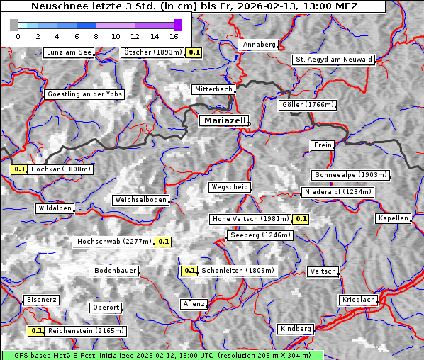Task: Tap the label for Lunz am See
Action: click(x=69, y=52)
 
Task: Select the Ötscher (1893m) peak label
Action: click(x=152, y=52)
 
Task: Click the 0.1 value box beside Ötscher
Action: click(x=194, y=52)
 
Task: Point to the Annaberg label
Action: click(x=259, y=45)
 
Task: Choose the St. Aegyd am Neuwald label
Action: click(x=333, y=60)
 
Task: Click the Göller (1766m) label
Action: click(x=308, y=105)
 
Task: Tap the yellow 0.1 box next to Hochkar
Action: click(x=20, y=169)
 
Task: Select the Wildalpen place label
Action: click(x=55, y=208)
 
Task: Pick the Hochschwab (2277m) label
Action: click(x=114, y=242)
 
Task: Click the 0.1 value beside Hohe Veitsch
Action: click(x=301, y=219)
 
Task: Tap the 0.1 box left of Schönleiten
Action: click(x=189, y=270)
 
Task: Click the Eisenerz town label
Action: click(x=41, y=300)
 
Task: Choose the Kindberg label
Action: click(x=296, y=329)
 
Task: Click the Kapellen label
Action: click(x=394, y=218)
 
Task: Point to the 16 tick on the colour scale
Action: click(x=174, y=35)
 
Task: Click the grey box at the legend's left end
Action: click(x=14, y=25)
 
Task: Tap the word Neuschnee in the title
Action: click(x=57, y=6)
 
